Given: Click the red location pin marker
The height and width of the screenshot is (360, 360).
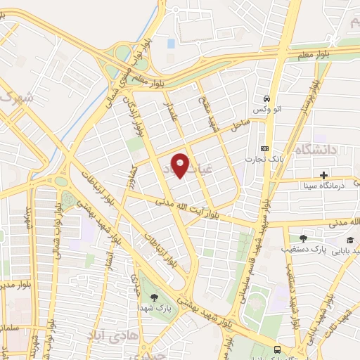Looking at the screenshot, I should (181, 165).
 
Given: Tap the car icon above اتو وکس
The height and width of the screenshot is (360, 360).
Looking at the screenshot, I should (266, 99).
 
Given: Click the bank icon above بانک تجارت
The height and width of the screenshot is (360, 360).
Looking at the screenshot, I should (264, 148).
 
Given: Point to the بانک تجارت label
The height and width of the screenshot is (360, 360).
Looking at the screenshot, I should (259, 159).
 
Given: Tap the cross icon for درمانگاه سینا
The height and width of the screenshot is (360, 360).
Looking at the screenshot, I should (323, 174).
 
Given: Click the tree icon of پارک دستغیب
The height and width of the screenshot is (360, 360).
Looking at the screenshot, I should (303, 238).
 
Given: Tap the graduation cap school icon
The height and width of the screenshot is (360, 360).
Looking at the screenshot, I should (349, 240).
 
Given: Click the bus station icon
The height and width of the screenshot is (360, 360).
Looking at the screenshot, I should (277, 349).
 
